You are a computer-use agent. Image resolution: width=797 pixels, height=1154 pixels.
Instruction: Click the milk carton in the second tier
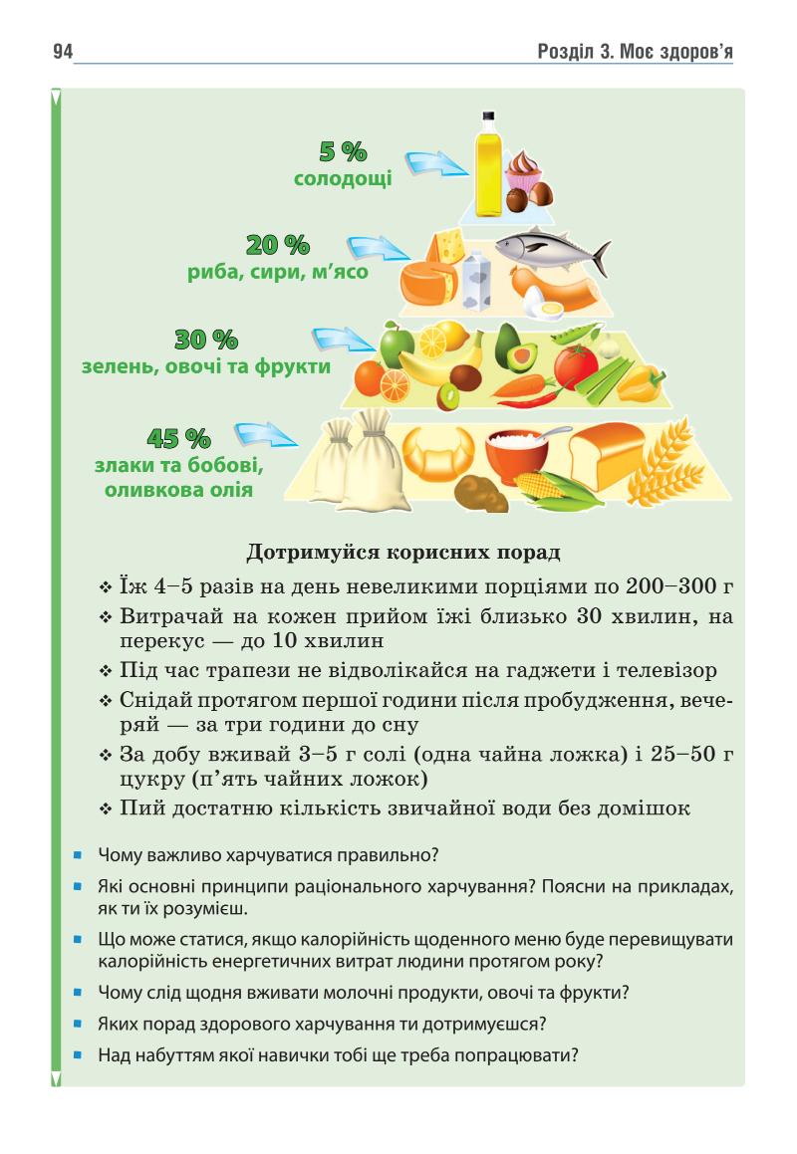pyautogui.click(x=475, y=279)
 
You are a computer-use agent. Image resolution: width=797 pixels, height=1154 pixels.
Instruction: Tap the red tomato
pyautogui.click(x=577, y=365)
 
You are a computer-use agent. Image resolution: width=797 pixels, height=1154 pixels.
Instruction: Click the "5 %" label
pyautogui.click(x=343, y=152)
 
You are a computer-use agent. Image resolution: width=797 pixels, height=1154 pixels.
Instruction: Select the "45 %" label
pyautogui.click(x=179, y=437)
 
